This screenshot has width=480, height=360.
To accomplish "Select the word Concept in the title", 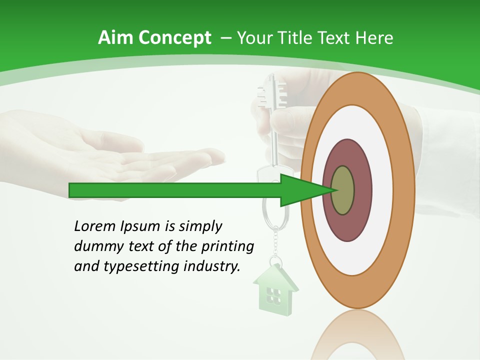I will coord(174,38).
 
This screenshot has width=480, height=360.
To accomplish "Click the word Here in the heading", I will coord(374,37).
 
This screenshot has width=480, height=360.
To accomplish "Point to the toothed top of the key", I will coord(270,95).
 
